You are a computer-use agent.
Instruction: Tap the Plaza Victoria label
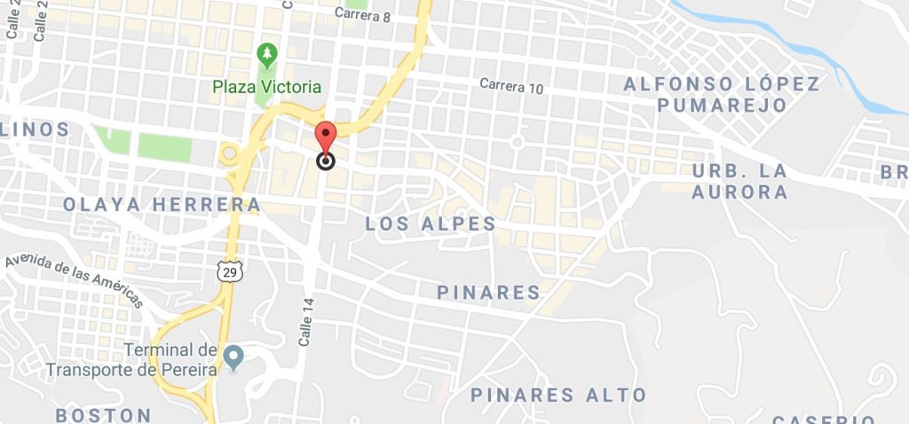pyautogui.click(x=266, y=87)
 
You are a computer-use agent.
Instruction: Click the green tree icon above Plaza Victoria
pyautogui.click(x=266, y=55)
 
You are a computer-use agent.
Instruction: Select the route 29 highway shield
pyautogui.click(x=229, y=272)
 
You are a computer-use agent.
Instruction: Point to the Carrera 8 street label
pyautogui.click(x=363, y=13)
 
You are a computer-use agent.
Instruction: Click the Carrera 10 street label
pyautogui.click(x=510, y=86)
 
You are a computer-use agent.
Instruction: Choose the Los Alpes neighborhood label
pyautogui.click(x=431, y=224)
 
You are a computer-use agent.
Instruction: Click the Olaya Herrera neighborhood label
pyautogui.click(x=162, y=205)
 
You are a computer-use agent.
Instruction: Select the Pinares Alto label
pyautogui.click(x=557, y=395)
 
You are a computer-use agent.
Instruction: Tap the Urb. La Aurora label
pyautogui.click(x=739, y=181)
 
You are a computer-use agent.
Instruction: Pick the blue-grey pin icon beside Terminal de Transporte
pyautogui.click(x=233, y=357)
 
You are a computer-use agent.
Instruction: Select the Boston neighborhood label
pyautogui.click(x=103, y=415)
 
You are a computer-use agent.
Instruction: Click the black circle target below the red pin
pyautogui.click(x=326, y=161)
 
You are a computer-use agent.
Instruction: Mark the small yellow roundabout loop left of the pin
pyautogui.click(x=229, y=153)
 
